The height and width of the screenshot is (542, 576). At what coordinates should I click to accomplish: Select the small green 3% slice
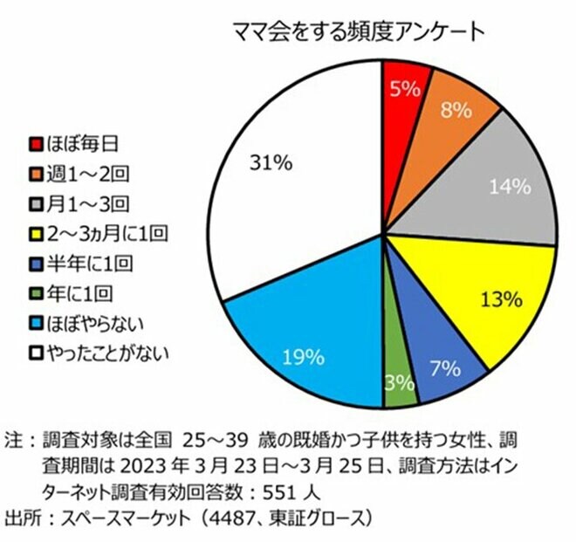click(400, 382)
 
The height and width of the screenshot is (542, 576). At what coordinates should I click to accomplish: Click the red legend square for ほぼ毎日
click(36, 142)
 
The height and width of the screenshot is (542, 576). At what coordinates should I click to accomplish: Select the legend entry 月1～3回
click(79, 204)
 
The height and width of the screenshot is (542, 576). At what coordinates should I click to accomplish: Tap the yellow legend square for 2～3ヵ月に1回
click(36, 234)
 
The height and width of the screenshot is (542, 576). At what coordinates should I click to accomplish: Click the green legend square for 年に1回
click(36, 293)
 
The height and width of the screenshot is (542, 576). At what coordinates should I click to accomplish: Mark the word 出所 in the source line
click(21, 518)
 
